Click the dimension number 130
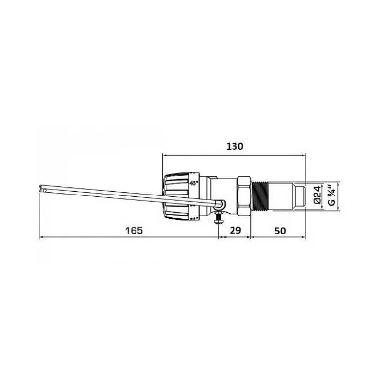click(234, 146)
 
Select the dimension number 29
click(234, 231)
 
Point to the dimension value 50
click(279, 231)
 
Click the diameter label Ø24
click(316, 194)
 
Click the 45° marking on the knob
click(194, 184)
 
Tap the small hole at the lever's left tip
click(42, 188)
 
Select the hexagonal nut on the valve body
click(244, 195)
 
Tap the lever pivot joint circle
click(220, 205)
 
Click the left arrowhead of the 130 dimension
click(164, 155)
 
